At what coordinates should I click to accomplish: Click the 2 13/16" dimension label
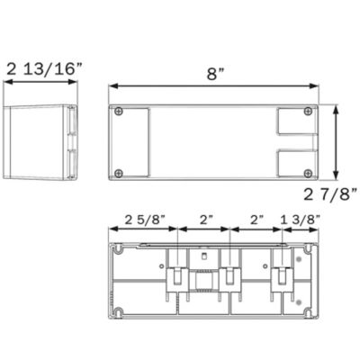[x=44, y=69]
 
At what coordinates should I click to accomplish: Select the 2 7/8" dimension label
[x=330, y=195]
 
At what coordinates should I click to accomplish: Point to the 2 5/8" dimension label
[x=145, y=220]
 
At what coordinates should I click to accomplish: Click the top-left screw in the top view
[x=119, y=112]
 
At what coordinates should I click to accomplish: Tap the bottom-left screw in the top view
[x=119, y=173]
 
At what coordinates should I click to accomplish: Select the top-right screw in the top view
[x=308, y=112]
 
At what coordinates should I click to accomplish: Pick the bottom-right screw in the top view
[x=308, y=173]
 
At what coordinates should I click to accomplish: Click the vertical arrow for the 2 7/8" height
[x=336, y=142]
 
